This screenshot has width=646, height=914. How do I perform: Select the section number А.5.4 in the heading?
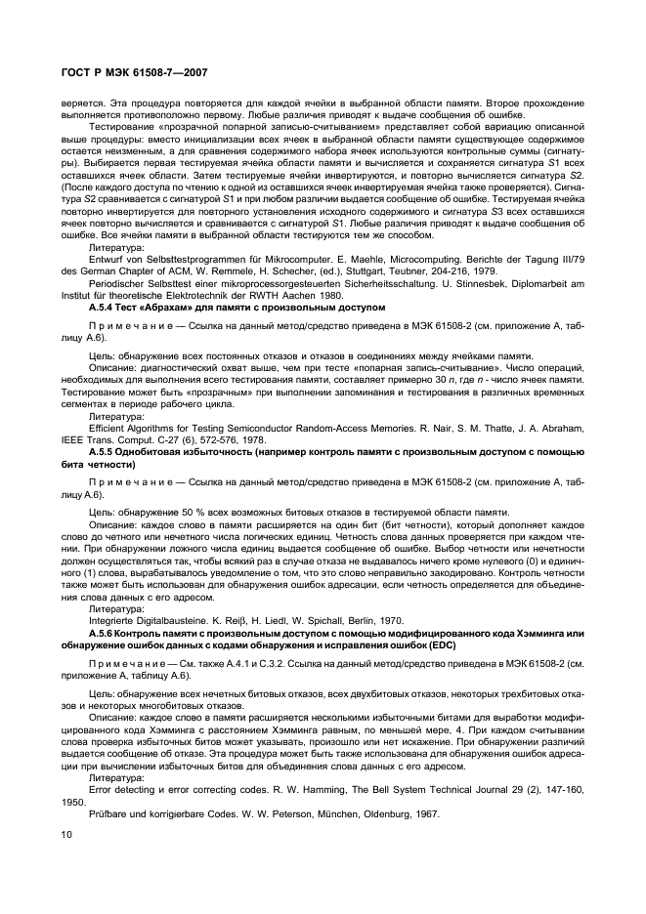pos(104,308)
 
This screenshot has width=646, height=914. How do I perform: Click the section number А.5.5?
pos(104,454)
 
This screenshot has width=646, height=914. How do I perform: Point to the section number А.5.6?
pos(104,636)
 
